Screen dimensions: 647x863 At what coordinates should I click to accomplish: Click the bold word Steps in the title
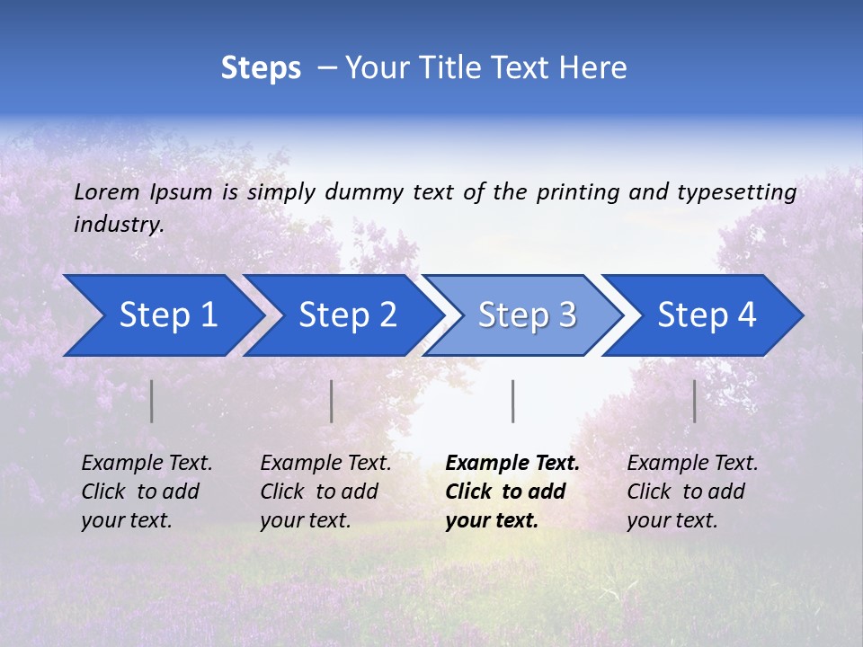pos(261,67)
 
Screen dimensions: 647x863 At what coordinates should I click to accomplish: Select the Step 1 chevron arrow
pos(162,315)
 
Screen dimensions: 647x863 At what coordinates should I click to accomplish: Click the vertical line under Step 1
pos(152,401)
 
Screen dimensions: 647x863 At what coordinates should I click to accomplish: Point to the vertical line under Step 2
pos(332,401)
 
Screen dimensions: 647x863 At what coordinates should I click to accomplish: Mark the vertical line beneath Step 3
pos(513,401)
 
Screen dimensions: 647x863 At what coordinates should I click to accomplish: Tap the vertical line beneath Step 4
pos(694,401)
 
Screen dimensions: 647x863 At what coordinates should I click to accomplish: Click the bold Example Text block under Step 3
pos(512,492)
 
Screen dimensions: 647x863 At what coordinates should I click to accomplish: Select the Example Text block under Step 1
pos(147,492)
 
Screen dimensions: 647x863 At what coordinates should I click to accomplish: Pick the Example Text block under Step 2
pos(325,492)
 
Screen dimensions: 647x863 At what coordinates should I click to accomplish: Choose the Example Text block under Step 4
pos(691,492)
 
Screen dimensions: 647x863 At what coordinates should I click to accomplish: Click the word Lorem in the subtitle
pos(107,192)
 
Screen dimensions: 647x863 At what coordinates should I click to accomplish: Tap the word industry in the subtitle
pos(119,225)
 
